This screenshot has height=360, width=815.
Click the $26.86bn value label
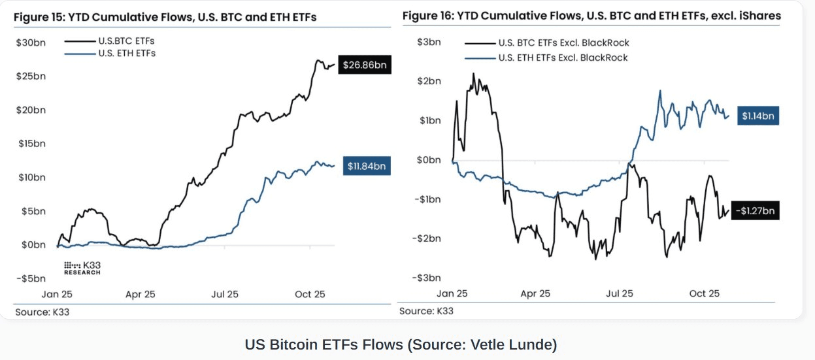(364, 66)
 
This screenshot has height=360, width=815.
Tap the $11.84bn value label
(367, 167)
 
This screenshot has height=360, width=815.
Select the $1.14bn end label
(758, 116)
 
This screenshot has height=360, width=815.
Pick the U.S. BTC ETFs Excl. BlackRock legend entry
(563, 43)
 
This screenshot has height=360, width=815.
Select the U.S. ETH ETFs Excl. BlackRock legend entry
(563, 57)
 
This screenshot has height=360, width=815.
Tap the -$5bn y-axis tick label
(31, 279)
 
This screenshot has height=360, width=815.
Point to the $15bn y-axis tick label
(31, 143)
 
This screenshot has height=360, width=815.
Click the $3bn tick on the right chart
(429, 42)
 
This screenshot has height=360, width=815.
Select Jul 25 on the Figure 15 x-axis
(224, 295)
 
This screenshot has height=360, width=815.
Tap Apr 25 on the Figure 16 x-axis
(535, 294)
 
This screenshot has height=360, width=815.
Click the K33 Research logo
(82, 268)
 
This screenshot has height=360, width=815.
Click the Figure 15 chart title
(165, 17)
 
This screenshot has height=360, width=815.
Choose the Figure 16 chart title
(591, 16)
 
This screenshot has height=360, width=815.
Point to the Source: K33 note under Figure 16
(426, 311)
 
